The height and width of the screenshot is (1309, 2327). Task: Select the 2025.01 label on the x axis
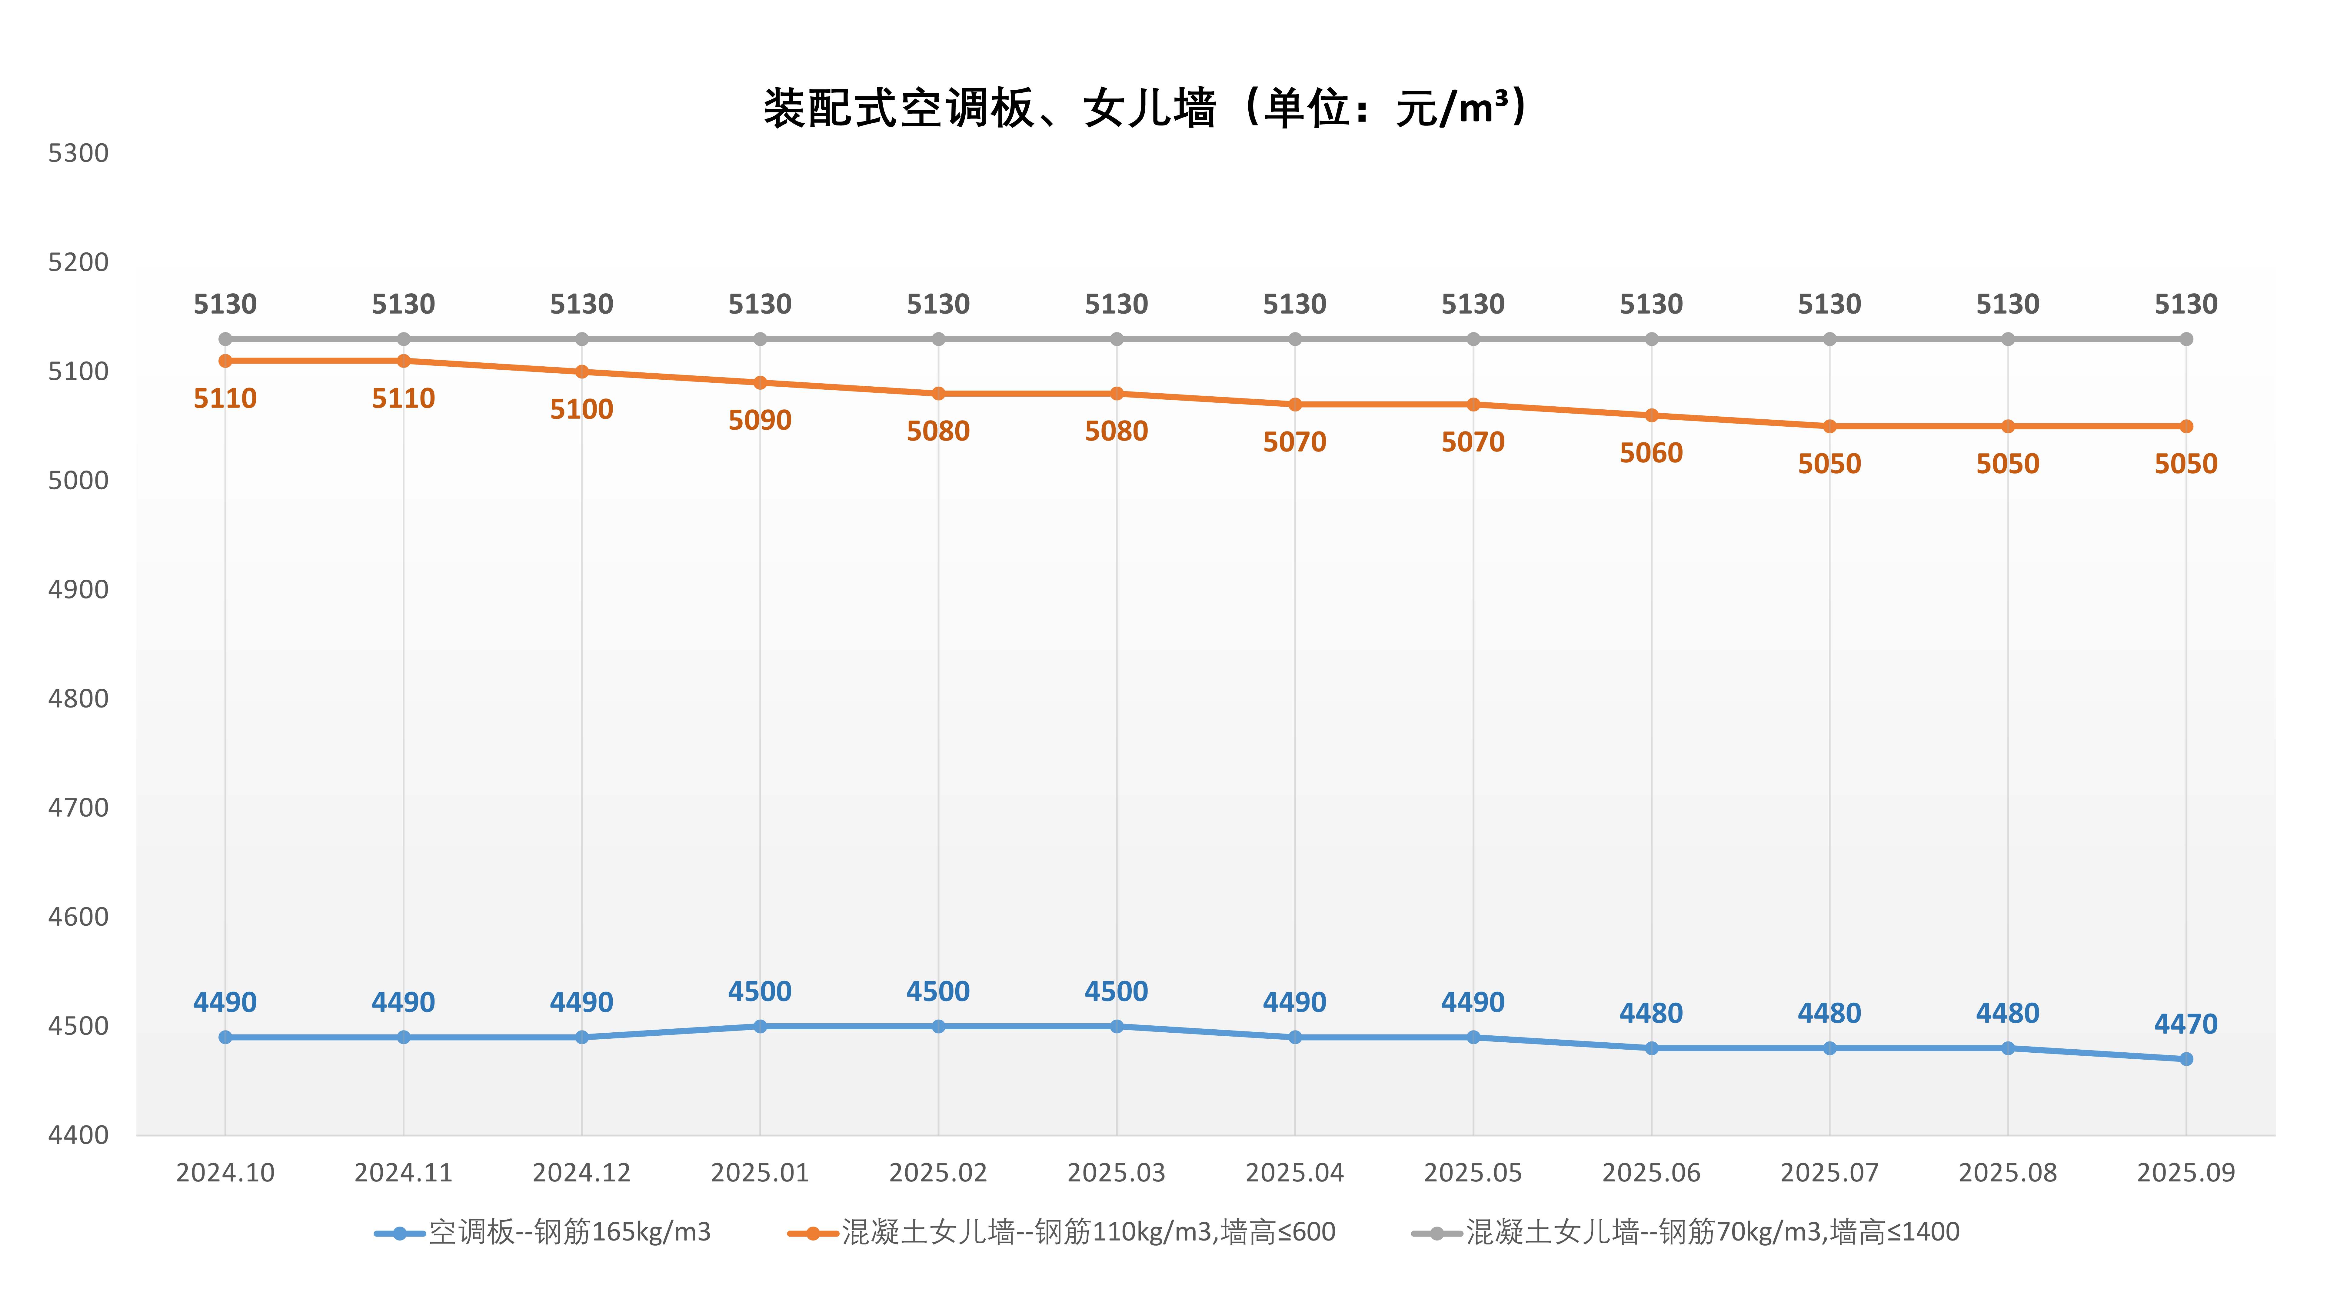(x=760, y=1173)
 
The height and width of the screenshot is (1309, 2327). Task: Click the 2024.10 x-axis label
(x=225, y=1173)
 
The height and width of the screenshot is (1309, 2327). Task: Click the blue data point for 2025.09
(x=2186, y=1059)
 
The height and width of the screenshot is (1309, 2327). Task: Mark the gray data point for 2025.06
(x=1651, y=339)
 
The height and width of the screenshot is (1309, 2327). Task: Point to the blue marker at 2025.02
(x=939, y=1026)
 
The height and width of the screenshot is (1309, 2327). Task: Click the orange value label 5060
(x=1651, y=453)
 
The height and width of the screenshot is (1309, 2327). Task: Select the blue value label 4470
(x=2186, y=1024)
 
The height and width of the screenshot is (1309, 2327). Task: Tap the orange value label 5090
(x=760, y=420)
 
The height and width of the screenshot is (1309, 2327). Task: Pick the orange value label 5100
(x=582, y=409)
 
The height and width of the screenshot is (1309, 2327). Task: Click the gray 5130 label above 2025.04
(x=1294, y=305)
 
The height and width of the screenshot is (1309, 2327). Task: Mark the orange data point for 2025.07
(x=1829, y=426)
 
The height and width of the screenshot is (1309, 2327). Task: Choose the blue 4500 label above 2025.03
(x=1117, y=992)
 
